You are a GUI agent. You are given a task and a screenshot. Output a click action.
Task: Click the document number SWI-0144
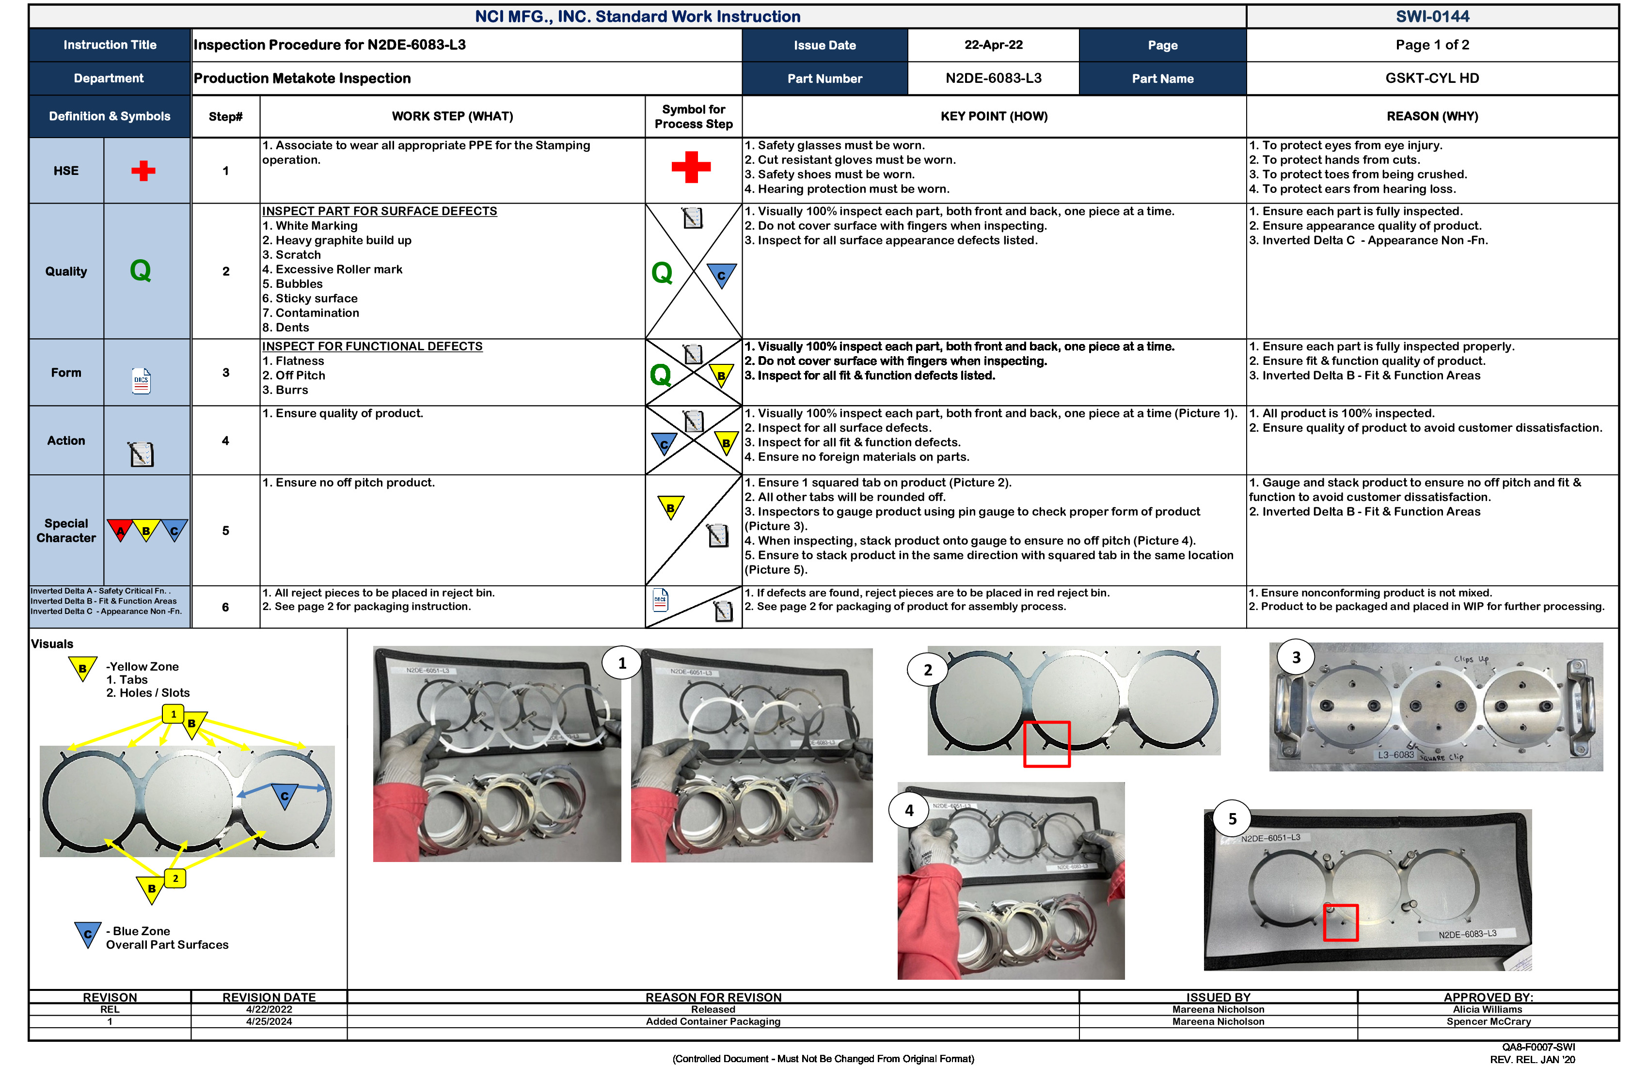(x=1431, y=16)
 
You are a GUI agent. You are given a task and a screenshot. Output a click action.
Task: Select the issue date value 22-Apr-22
(x=993, y=45)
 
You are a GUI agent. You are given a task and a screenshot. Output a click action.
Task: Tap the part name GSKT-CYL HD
(x=1431, y=78)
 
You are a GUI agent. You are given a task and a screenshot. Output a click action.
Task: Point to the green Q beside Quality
(x=141, y=271)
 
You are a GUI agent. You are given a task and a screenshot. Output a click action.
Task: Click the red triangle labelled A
(x=121, y=530)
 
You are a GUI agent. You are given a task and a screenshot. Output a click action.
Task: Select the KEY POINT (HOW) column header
(x=993, y=116)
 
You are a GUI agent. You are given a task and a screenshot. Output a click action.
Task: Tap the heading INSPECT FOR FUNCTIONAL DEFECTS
(x=372, y=346)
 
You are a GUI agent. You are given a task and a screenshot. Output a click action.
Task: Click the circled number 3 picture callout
(x=1296, y=657)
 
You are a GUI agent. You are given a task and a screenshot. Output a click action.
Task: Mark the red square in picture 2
(x=1046, y=744)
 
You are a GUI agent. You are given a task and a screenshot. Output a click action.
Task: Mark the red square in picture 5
(x=1340, y=922)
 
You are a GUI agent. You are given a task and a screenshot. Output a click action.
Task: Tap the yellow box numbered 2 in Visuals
(x=175, y=878)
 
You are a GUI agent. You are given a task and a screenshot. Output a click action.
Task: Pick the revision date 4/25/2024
(x=269, y=1022)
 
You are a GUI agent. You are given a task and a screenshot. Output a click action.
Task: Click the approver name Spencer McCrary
(x=1488, y=1022)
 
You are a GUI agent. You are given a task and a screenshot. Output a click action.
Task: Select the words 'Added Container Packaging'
(x=713, y=1022)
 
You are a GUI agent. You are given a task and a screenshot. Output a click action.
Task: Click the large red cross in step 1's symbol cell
(x=690, y=167)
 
